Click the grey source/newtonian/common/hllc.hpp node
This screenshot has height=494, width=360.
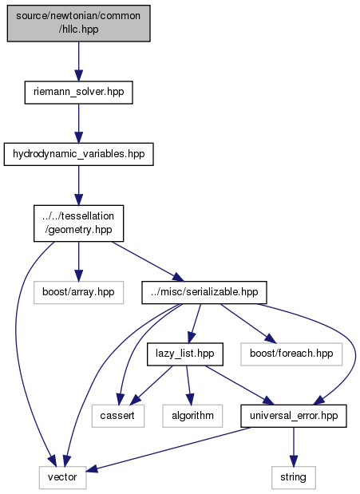coord(79,23)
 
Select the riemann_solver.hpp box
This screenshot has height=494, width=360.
coord(79,93)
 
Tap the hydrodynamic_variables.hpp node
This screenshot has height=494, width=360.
coord(79,154)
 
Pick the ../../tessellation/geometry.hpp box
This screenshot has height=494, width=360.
coord(79,223)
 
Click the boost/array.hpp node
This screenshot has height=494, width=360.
coord(79,292)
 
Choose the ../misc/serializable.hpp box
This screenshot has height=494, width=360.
coord(204,292)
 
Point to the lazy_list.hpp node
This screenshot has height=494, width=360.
coord(185,354)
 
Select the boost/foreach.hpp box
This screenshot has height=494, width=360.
coord(291,354)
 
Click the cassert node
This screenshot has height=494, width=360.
coord(118,416)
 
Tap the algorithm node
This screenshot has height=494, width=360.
coord(192,416)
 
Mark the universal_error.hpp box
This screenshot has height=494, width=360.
coord(294,416)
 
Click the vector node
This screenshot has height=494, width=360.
coord(63,477)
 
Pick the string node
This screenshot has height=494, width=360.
coord(294,477)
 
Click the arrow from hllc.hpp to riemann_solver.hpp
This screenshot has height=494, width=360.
coord(79,61)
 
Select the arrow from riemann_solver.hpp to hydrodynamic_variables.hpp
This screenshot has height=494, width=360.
coord(79,124)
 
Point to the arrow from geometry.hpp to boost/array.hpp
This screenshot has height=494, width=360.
coord(79,262)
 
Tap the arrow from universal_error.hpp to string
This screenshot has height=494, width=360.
coord(294,447)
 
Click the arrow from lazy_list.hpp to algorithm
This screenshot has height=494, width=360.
coord(188,385)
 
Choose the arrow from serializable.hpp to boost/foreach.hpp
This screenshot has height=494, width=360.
coord(247,323)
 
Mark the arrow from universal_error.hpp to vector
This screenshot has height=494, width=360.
coord(168,449)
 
